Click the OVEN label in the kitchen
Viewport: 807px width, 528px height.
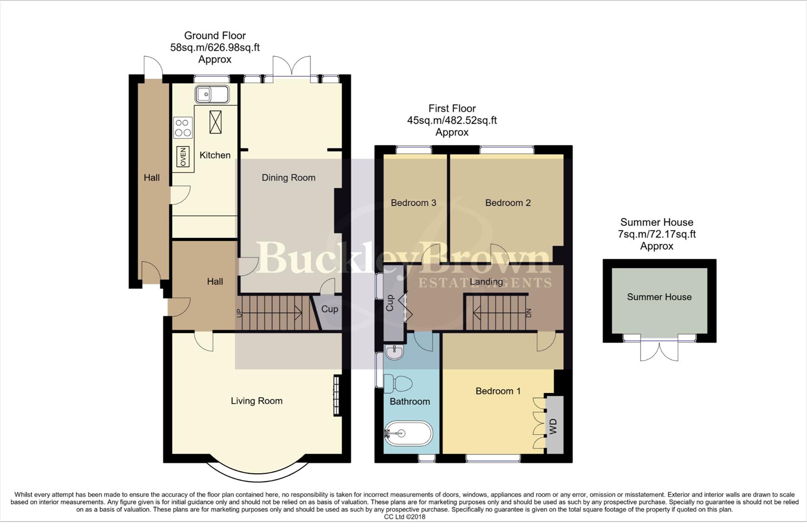click(x=183, y=156)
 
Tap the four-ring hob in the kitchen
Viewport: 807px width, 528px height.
click(x=183, y=128)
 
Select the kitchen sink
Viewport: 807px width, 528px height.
click(x=211, y=94)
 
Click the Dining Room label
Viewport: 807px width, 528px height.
click(x=288, y=177)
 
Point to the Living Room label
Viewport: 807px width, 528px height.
click(x=256, y=401)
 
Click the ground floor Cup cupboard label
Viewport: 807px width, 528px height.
click(x=329, y=309)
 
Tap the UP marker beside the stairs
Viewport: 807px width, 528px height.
click(x=239, y=313)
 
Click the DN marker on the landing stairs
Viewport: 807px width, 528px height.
click(x=528, y=313)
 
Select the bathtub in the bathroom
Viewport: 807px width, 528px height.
click(x=408, y=433)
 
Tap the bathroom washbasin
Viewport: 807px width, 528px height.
click(x=393, y=351)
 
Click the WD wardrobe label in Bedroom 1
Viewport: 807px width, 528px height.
click(x=553, y=426)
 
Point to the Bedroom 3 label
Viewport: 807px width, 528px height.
click(x=413, y=203)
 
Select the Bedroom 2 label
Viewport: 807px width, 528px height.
click(x=507, y=203)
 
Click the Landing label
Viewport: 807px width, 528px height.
click(x=486, y=282)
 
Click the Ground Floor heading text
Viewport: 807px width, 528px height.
click(x=215, y=35)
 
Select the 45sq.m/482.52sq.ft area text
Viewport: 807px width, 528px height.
click(x=452, y=120)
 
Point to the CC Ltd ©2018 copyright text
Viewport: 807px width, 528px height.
click(x=404, y=517)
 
